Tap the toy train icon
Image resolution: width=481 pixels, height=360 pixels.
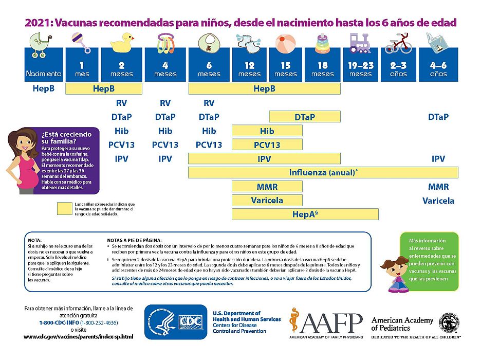click(x=360, y=43)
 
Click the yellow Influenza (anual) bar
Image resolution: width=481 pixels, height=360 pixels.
click(x=323, y=172)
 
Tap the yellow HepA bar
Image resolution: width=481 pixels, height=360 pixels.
click(x=305, y=213)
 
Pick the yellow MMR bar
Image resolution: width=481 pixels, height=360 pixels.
click(x=267, y=186)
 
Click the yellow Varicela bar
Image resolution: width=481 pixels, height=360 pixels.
click(x=267, y=200)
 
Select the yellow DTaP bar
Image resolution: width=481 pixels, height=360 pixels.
click(x=305, y=117)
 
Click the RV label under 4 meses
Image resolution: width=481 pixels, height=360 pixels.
click(x=165, y=103)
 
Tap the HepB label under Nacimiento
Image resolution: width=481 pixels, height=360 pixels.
click(x=44, y=88)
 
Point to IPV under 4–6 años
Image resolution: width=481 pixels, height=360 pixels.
click(x=438, y=159)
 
